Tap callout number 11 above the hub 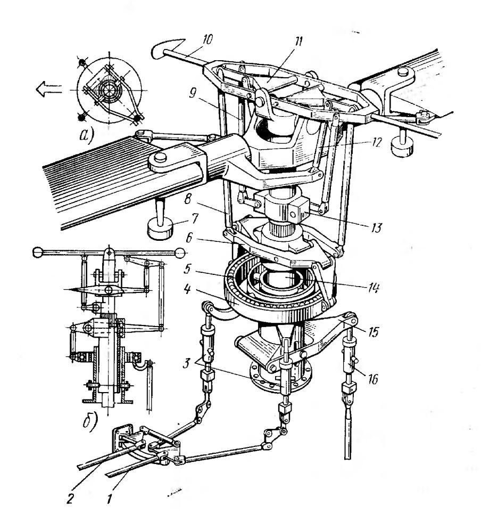pos(298,42)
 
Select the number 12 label pos(376,142)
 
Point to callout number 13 pos(376,227)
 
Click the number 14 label pos(372,287)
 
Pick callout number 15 pos(373,331)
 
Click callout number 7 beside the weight pos(195,218)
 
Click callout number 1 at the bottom pos(110,499)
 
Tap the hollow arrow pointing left pos(49,89)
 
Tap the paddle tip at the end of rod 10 pos(167,48)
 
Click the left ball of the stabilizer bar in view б pos(38,253)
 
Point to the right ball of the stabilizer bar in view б pos(179,253)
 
